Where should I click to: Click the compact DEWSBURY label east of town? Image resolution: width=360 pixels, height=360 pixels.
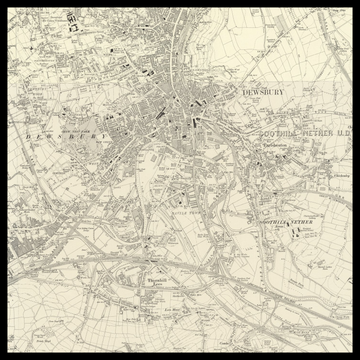coord(264,92)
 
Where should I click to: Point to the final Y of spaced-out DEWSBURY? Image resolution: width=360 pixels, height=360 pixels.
coord(107,135)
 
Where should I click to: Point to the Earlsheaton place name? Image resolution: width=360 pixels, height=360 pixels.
coord(273,146)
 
